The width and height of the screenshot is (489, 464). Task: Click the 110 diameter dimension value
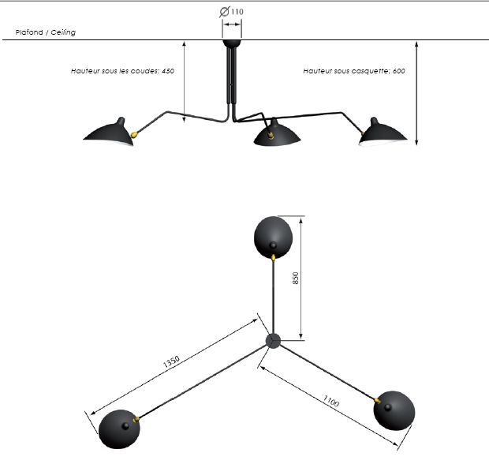tap(237, 12)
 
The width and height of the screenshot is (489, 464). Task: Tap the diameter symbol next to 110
tap(225, 12)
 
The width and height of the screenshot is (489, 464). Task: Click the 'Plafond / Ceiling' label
tap(46, 32)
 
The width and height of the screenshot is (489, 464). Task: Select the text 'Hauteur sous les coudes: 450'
tap(122, 71)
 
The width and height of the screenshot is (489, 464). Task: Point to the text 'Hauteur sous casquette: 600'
tap(354, 71)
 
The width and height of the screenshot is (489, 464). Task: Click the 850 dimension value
tap(295, 278)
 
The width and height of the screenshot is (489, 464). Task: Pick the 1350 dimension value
tap(171, 361)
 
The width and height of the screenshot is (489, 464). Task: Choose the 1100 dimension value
tap(330, 401)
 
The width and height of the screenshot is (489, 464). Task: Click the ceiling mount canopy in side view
tap(232, 43)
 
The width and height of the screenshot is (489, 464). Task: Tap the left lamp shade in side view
tap(110, 133)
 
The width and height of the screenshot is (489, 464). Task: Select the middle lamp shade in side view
tap(277, 133)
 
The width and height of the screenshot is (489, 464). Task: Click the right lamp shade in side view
tap(383, 133)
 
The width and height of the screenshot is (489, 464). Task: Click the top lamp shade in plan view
tap(273, 238)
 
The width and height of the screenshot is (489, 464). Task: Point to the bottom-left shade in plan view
tap(119, 429)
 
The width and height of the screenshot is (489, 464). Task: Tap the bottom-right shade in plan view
tap(394, 410)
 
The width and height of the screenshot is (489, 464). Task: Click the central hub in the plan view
tap(273, 341)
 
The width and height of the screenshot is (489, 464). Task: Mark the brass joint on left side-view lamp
tap(134, 134)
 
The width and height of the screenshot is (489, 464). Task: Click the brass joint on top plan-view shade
tap(273, 257)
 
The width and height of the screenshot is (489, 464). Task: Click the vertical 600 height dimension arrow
tap(416, 93)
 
